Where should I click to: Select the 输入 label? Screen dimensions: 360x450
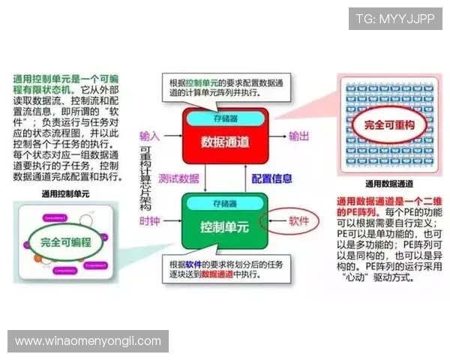tap(150, 136)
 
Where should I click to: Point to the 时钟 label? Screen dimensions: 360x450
tap(150, 221)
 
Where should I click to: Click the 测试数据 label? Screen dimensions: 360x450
tap(179, 178)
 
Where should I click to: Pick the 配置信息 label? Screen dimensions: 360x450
tap(271, 178)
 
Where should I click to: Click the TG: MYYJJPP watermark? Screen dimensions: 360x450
tap(394, 19)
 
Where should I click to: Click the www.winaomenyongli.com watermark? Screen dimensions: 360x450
tap(88, 340)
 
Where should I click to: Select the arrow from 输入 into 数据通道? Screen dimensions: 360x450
tap(172, 137)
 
